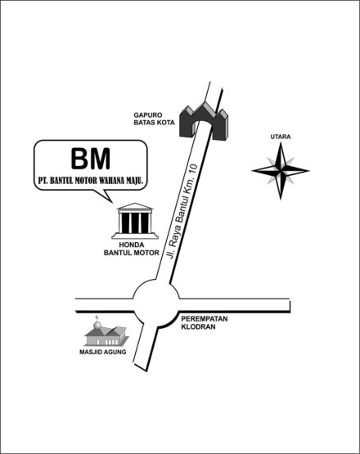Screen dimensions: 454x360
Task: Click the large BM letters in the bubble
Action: [90, 158]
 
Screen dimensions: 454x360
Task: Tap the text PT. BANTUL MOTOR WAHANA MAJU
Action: [90, 178]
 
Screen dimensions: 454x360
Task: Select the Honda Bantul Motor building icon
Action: [135, 221]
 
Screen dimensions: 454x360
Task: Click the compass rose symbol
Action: [280, 170]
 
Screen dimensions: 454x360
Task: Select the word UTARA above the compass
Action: [281, 136]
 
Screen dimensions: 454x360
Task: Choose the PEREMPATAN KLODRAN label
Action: [205, 322]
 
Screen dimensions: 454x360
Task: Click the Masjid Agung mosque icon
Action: [105, 332]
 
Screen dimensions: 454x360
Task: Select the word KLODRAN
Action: [200, 327]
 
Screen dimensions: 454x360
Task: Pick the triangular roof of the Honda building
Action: [135, 207]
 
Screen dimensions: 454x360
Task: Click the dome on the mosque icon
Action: [97, 325]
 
